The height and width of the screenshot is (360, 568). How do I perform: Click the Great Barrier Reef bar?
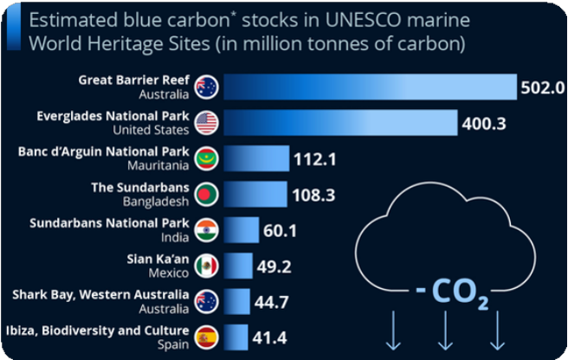pos(371,87)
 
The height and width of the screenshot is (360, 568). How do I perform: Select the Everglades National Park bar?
pos(340,123)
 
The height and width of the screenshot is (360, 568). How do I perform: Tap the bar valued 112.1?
pos(256,158)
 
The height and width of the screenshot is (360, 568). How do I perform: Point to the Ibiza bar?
pos(236,337)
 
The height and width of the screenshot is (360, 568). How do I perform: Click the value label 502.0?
pos(543,87)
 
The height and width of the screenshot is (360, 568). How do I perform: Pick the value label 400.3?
pos(484,124)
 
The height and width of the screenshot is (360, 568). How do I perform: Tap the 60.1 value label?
pos(280,231)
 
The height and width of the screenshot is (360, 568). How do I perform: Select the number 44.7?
pos(271,302)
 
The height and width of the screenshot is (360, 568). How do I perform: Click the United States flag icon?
pos(206,123)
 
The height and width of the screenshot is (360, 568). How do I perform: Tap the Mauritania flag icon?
pos(206,158)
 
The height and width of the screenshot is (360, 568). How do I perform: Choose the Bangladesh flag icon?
pos(206,195)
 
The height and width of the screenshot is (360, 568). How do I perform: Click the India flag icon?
pos(206,230)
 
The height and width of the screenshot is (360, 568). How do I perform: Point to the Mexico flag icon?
pos(206,267)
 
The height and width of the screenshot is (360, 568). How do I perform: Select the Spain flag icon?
pos(206,337)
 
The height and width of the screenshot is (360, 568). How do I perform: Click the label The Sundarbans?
pos(140,188)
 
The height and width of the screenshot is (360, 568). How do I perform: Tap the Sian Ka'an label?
pos(158,259)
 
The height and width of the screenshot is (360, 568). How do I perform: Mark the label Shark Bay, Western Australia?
pos(100,295)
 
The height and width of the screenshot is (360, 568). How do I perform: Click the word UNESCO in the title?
pos(364,20)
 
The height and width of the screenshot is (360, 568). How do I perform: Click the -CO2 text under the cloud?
pos(453,292)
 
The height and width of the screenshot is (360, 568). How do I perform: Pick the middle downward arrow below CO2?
pos(445,331)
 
